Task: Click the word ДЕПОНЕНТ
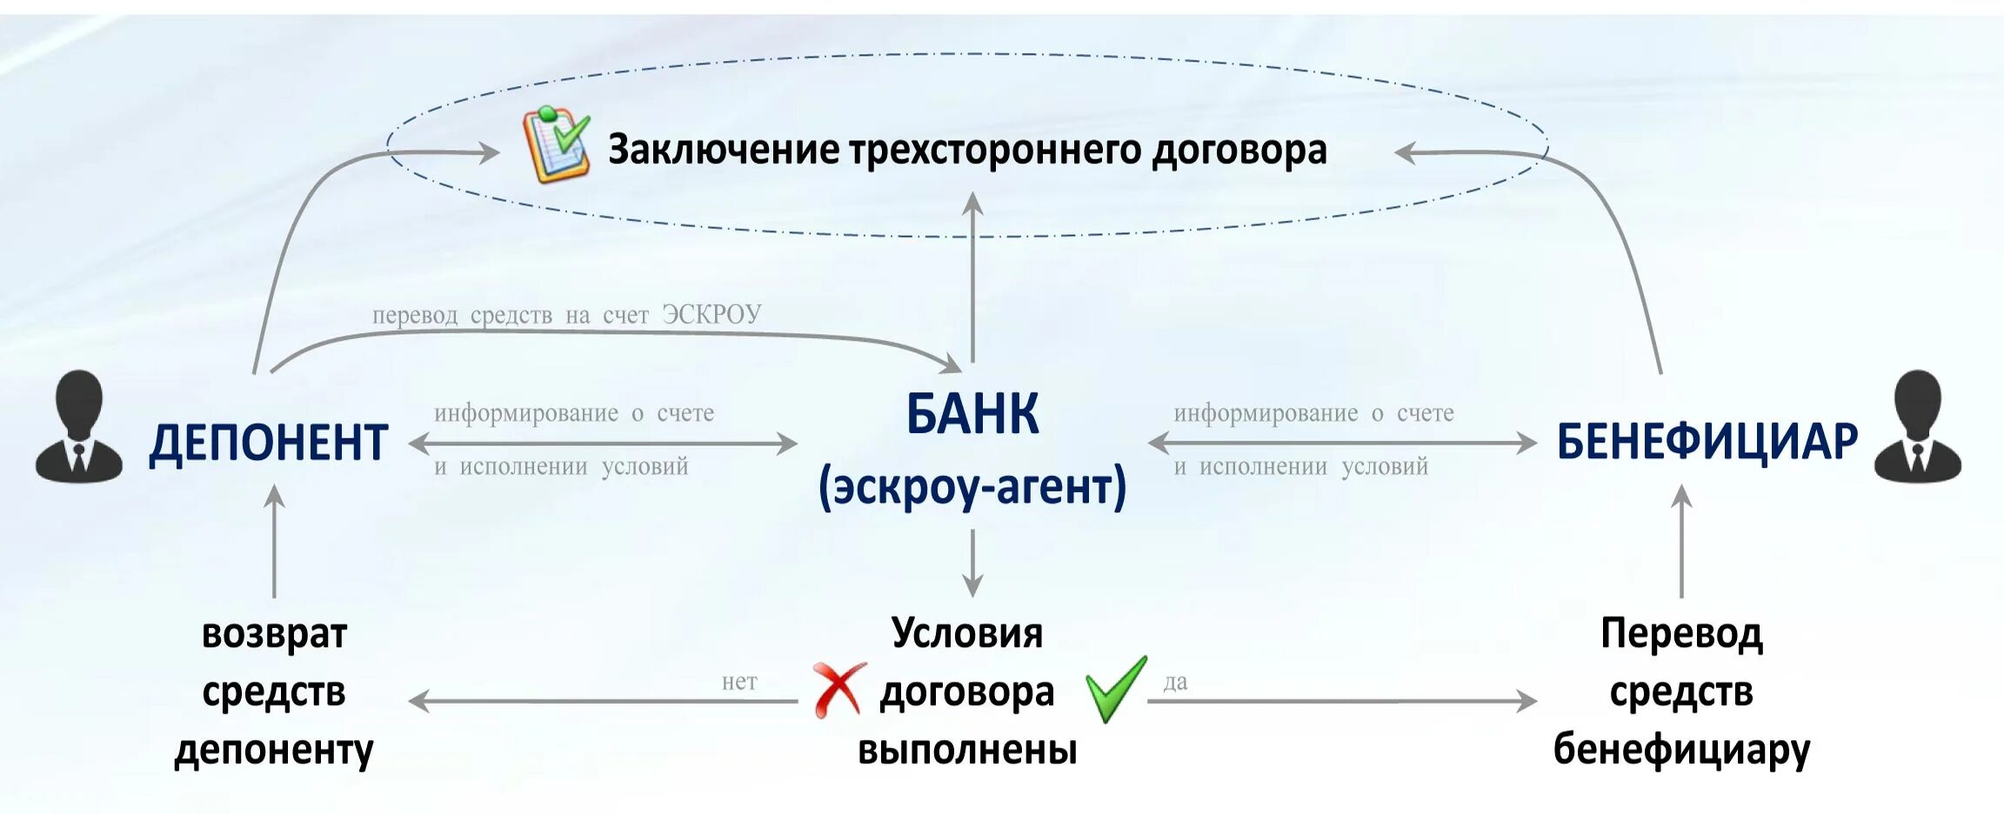click(268, 443)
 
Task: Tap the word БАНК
click(972, 414)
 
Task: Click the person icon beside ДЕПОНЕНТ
click(79, 427)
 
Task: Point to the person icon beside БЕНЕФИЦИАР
click(1917, 427)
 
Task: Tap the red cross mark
click(838, 689)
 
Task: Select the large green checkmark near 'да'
click(1115, 689)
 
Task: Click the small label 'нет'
click(739, 682)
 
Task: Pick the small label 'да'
click(1175, 682)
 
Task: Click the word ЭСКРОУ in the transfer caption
click(711, 314)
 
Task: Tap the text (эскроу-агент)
click(972, 487)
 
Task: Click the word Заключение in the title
click(721, 150)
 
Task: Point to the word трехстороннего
click(995, 150)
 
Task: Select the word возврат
click(274, 634)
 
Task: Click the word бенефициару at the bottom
click(1681, 750)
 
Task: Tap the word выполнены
click(967, 750)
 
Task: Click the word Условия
click(967, 633)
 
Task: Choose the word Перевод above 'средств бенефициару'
click(1681, 634)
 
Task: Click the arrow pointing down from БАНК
click(972, 564)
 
